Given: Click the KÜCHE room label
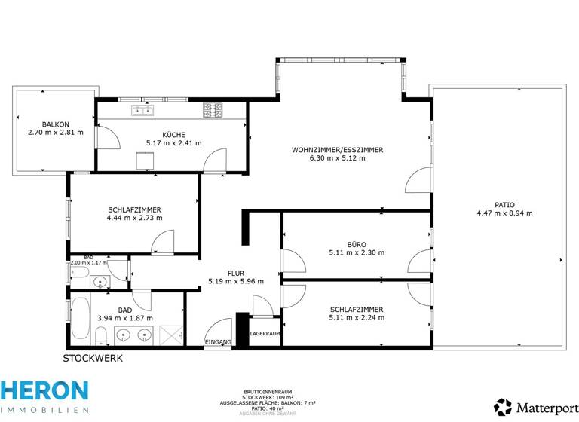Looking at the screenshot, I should pos(174,133).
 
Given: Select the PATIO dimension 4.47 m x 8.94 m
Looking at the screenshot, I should pos(504,213).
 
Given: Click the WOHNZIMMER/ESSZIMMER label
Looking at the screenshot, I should pos(337,150).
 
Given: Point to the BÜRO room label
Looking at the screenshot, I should pos(357,244).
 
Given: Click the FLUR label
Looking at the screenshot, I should pos(236,273).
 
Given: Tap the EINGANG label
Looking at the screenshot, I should pos(219,343).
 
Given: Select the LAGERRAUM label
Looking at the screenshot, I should pos(265,333).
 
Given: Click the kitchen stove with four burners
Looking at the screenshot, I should pos(213,111).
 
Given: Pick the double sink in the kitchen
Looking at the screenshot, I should pos(142,111).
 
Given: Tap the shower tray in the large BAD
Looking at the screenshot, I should pos(172,334).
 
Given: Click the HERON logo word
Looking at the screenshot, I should pos(44,390).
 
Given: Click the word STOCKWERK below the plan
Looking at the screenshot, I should pos(93,358).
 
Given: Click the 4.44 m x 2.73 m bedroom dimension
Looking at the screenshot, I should pos(135,218).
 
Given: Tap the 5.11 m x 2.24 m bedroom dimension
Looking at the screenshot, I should pos(357,317).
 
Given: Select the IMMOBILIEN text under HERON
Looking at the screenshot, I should pos(44,410).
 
